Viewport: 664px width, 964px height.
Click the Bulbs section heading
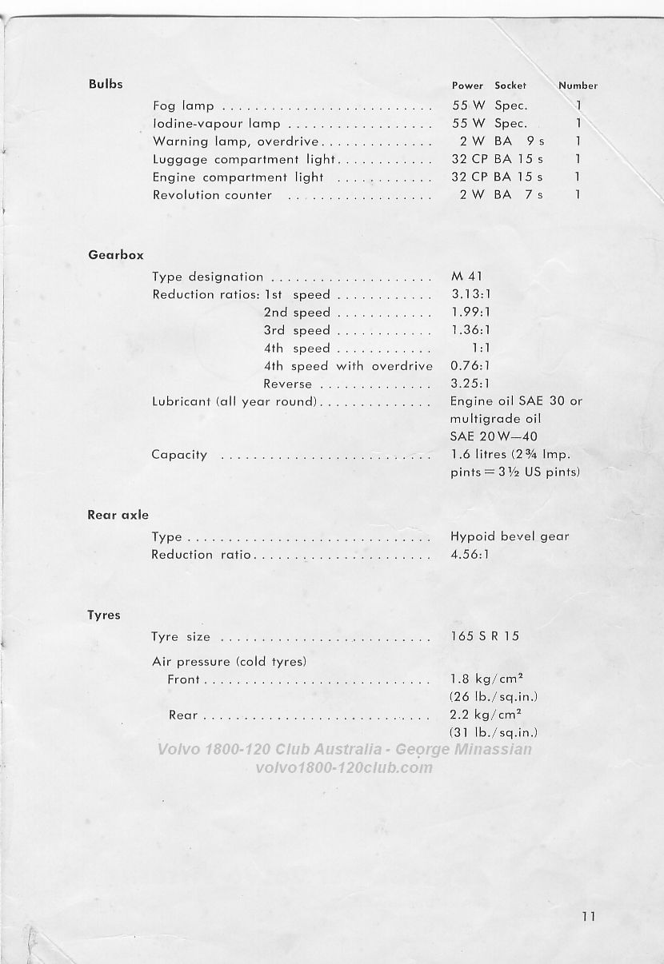point(106,84)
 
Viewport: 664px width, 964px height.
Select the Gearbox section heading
point(116,255)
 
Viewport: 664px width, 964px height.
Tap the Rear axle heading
point(118,516)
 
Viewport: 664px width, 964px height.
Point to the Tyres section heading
point(104,615)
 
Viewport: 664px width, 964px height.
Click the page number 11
point(590,917)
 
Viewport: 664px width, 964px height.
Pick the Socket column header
point(510,86)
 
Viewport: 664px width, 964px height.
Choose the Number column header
point(578,86)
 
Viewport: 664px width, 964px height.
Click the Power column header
point(467,86)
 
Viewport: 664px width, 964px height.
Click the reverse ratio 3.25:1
point(470,384)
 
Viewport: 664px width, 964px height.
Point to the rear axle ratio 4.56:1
point(470,554)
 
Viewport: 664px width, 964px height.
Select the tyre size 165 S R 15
point(485,637)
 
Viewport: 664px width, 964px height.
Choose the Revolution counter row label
point(212,195)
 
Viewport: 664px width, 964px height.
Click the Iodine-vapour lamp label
point(216,124)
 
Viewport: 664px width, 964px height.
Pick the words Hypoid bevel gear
point(510,536)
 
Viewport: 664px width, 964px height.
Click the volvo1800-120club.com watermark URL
point(344,768)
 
